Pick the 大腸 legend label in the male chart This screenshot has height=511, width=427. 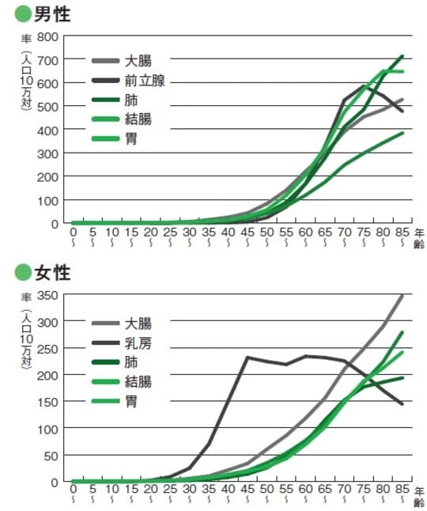coord(138,60)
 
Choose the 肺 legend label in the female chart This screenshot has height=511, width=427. coord(131,361)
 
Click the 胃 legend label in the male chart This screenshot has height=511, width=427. coord(131,139)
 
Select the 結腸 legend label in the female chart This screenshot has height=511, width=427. coord(138,381)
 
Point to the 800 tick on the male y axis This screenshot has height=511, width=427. coord(48,37)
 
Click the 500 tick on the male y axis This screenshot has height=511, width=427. coord(48,107)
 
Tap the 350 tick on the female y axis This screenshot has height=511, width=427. coord(48,296)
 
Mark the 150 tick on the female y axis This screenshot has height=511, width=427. coord(48,402)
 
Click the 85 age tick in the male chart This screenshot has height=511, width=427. coord(402,233)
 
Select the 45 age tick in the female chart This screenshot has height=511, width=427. coord(247,492)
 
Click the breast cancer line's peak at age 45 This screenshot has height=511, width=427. coord(247,358)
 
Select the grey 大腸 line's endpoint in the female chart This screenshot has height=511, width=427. coord(402,296)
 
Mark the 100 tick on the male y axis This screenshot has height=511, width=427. coord(48,200)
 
